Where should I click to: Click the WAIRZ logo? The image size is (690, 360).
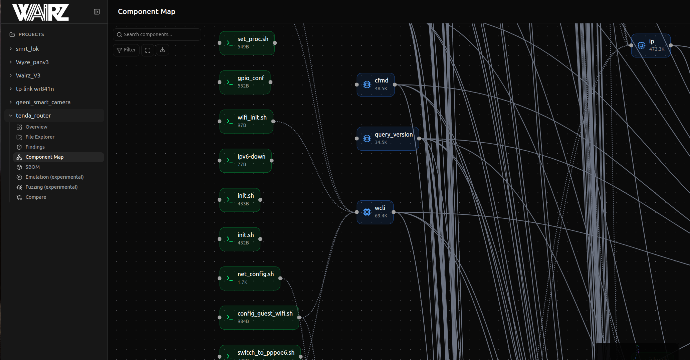40,12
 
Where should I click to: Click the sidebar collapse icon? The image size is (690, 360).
97,12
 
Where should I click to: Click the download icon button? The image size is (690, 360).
163,50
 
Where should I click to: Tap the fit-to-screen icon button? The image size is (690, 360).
148,50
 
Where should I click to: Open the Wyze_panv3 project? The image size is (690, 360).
32,62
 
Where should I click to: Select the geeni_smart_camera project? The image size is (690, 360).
43,102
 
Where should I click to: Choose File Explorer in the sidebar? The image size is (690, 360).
40,137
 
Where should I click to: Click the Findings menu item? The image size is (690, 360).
35,147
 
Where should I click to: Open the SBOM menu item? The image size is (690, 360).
32,167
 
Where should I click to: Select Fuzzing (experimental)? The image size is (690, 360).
51,187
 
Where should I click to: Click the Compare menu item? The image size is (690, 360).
36,197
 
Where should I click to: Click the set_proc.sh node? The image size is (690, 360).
247,43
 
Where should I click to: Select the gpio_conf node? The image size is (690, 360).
245,82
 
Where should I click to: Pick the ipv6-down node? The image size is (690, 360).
246,161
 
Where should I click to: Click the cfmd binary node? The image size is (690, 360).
376,85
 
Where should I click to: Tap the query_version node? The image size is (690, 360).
388,139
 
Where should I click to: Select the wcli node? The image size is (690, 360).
375,212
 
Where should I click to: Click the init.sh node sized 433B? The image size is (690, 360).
240,200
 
